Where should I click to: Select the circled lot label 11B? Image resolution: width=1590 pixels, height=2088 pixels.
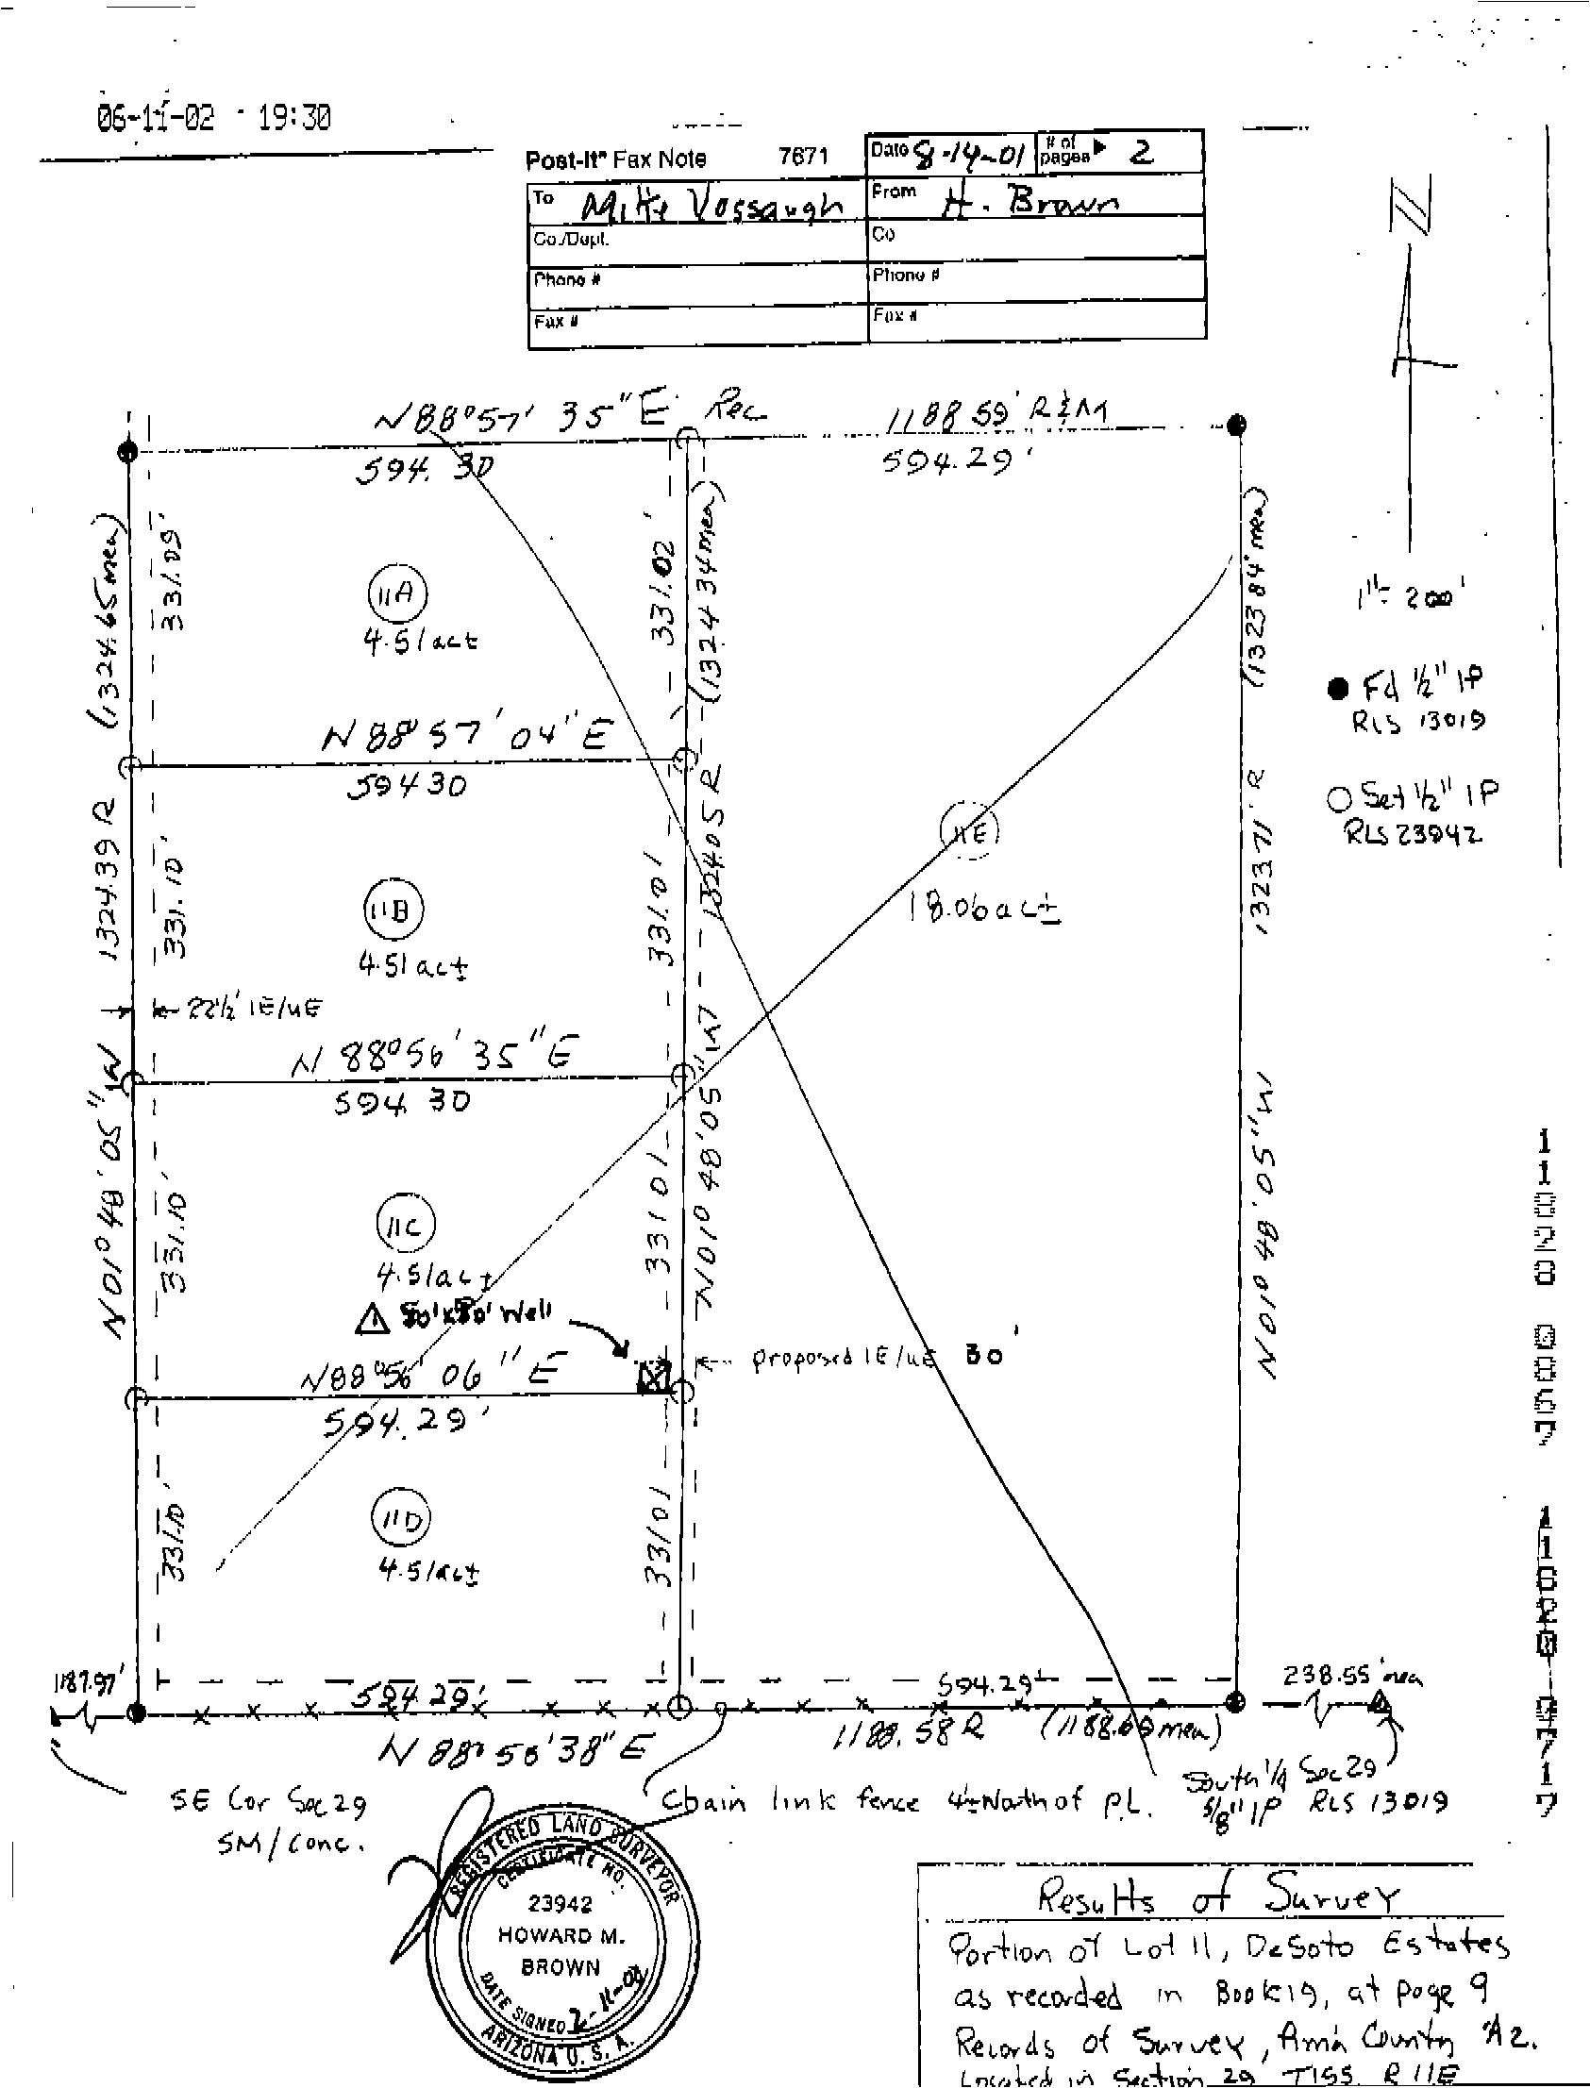tap(393, 910)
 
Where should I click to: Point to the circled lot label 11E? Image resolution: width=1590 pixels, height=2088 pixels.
tap(969, 832)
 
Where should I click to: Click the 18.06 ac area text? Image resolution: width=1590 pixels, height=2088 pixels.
tap(982, 910)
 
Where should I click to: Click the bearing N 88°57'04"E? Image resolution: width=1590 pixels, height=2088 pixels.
tap(466, 736)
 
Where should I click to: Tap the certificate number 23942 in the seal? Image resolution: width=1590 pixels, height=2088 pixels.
tap(561, 1902)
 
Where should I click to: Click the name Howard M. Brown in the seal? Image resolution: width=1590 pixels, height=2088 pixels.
tap(561, 1950)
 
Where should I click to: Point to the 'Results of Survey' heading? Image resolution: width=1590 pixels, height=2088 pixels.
tap(1217, 1896)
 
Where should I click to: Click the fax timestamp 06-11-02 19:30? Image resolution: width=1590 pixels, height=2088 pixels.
tap(214, 119)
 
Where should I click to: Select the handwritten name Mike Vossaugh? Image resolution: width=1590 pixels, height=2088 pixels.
tap(710, 206)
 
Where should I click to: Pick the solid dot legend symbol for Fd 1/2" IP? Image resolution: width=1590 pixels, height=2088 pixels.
tap(1336, 689)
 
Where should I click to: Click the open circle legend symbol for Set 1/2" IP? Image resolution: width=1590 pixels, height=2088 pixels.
tap(1338, 798)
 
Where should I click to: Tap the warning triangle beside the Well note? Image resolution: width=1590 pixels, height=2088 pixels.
tap(372, 1320)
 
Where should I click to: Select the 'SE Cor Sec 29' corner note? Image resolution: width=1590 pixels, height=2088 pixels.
tap(268, 1804)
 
